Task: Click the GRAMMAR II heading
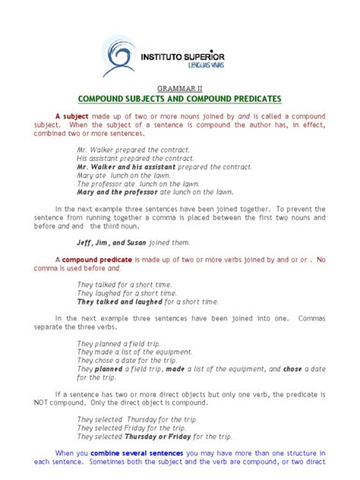pyautogui.click(x=179, y=89)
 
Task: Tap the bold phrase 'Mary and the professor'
pyautogui.click(x=112, y=191)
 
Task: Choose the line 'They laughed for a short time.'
pyautogui.click(x=126, y=293)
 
